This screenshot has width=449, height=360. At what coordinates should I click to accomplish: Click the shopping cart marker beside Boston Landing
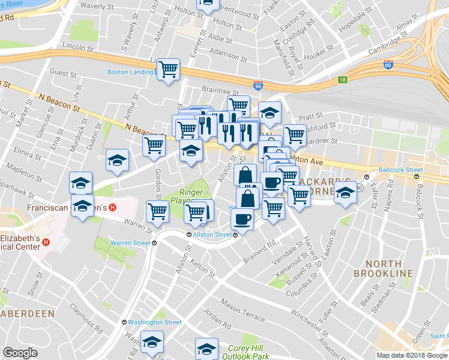[x=169, y=70]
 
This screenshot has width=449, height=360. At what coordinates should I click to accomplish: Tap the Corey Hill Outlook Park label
[x=249, y=352]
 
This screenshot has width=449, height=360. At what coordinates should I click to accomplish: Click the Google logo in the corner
[x=20, y=353]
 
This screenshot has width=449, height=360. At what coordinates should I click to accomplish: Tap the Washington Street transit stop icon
[x=124, y=322]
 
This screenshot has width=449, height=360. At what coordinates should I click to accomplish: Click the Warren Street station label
[x=130, y=243]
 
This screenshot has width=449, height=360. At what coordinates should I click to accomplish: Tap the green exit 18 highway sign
[x=342, y=79]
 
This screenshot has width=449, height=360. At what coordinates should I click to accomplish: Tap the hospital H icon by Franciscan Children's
[x=112, y=208]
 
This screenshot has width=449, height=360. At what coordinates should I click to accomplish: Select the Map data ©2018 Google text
[x=412, y=355]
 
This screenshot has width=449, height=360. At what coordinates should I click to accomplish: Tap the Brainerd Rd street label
[x=259, y=252]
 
